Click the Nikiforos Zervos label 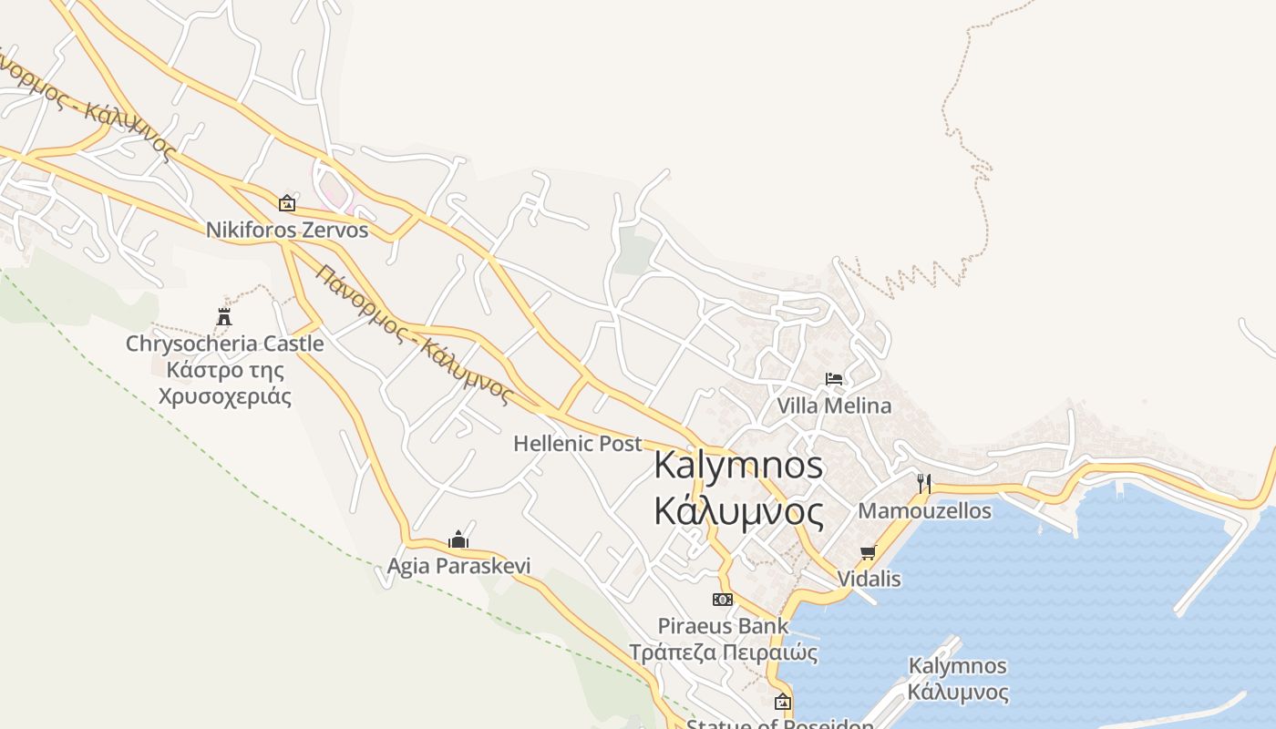[x=287, y=230]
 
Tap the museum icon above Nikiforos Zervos [x=287, y=202]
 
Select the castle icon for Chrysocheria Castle [x=224, y=317]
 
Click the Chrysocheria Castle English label [x=224, y=344]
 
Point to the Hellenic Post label [x=578, y=444]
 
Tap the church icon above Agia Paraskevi [x=458, y=539]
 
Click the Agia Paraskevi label [x=458, y=566]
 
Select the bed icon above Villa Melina [x=834, y=378]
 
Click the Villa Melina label [x=834, y=406]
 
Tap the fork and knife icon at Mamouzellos [x=924, y=482]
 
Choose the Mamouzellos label [x=924, y=510]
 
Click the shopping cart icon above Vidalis [x=868, y=552]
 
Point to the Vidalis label [x=869, y=579]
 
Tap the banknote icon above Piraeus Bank [x=723, y=600]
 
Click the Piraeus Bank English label [x=724, y=626]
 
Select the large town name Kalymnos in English [x=738, y=466]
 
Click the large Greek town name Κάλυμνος [x=738, y=511]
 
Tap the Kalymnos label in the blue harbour [x=957, y=666]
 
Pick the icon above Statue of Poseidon [x=782, y=702]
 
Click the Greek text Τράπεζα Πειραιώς [x=724, y=652]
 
